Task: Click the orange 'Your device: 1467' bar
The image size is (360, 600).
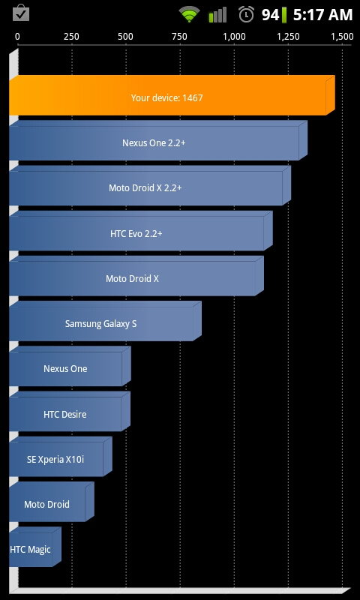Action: point(172,95)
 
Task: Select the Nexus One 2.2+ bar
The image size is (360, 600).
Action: point(158,140)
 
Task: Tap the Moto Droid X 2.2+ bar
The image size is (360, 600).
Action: point(150,185)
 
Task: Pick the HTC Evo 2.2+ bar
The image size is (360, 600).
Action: point(141,231)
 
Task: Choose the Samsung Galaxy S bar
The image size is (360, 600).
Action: point(105,321)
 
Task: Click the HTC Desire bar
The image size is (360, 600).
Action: point(70,411)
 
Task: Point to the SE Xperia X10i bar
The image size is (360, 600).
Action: point(61,457)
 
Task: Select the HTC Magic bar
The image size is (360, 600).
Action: point(34,547)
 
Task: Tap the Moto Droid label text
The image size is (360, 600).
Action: point(46,504)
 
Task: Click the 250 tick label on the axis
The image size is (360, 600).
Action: point(71,37)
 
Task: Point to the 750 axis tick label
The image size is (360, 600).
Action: point(179,37)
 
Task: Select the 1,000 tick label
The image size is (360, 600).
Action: point(234,37)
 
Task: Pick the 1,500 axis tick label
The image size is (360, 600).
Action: point(342,37)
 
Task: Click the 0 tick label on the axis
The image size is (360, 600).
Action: point(17,37)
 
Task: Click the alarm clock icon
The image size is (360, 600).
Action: point(247,14)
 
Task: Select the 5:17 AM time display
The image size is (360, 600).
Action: point(322,15)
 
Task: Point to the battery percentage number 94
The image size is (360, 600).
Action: point(271,15)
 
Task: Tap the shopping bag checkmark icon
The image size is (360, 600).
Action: point(21,13)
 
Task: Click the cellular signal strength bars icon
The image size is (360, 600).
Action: point(217,15)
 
